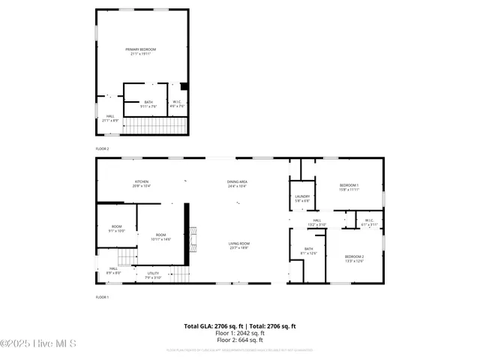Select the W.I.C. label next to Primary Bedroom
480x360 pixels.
[x=178, y=104]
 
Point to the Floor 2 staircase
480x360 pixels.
[x=153, y=125]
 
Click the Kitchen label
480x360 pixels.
[x=142, y=184]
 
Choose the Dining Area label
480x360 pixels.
[x=238, y=184]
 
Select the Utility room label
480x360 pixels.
[x=153, y=275]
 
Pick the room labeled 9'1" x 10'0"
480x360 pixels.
[x=116, y=229]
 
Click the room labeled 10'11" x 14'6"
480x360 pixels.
[x=161, y=238]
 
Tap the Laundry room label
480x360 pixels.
[x=302, y=199]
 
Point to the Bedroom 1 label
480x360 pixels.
[x=349, y=187]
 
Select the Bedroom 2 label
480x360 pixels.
[x=355, y=259]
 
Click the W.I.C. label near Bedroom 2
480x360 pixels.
[x=369, y=223]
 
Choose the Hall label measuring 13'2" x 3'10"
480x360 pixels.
[x=317, y=223]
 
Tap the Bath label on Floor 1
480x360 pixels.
[x=308, y=250]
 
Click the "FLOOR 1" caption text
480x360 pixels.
[x=102, y=298]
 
